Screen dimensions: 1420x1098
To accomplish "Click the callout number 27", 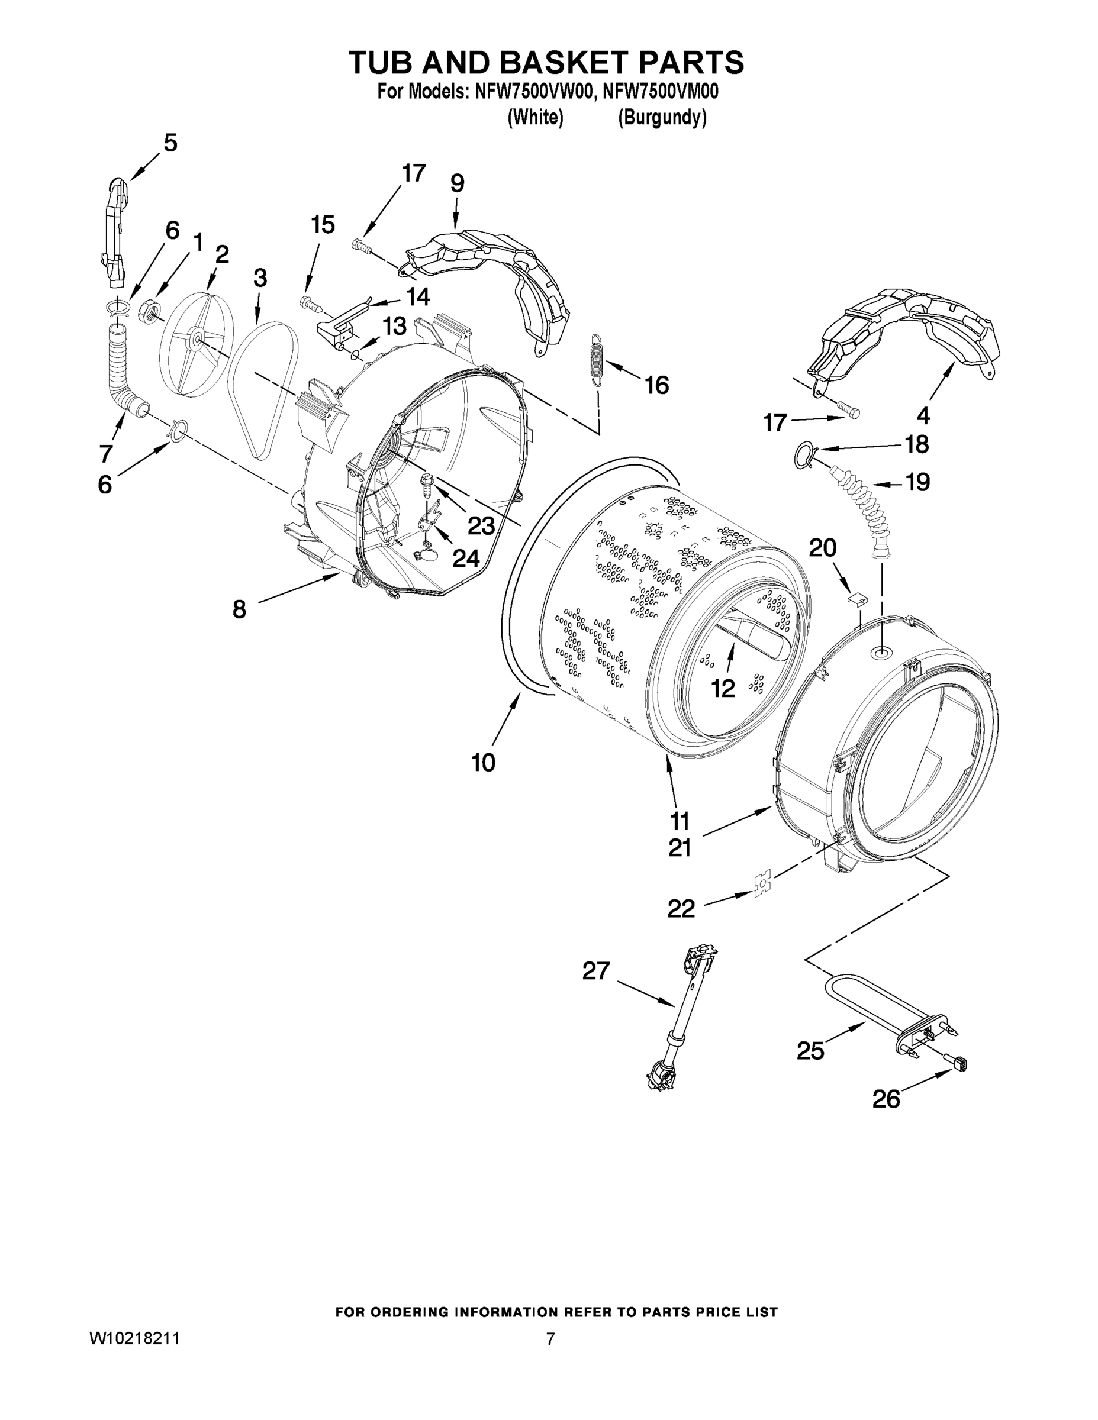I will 595,972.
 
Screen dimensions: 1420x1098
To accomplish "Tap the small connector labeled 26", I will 956,1064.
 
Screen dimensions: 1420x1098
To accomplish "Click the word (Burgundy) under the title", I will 662,118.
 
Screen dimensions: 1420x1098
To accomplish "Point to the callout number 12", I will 723,688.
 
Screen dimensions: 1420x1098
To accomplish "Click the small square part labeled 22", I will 761,885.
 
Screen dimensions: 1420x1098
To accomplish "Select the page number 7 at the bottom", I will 550,1339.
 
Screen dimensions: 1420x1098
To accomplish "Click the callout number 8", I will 239,609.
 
